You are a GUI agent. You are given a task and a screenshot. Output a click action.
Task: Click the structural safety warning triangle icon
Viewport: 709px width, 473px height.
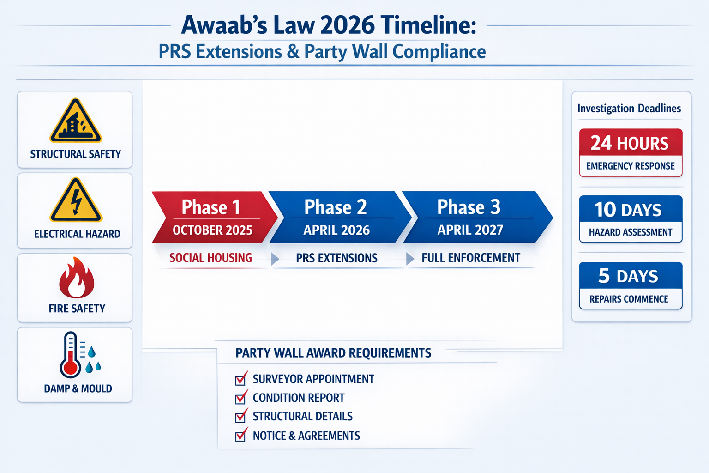[x=76, y=121]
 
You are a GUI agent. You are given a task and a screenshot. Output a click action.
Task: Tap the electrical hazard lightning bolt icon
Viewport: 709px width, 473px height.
[x=76, y=201]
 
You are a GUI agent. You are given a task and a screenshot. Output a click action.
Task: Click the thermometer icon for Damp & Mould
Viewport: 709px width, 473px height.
[x=70, y=355]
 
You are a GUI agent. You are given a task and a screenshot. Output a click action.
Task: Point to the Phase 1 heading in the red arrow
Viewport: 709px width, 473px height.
[x=210, y=207]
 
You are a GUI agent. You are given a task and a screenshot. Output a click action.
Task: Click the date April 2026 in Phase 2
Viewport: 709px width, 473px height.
[x=336, y=230]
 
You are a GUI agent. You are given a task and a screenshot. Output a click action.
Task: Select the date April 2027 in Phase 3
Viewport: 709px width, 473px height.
[x=470, y=230]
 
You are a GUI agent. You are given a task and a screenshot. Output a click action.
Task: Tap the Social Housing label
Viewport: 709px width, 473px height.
[x=210, y=258]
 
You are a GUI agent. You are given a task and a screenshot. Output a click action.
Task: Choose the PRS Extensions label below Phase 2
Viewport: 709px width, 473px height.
[x=336, y=258]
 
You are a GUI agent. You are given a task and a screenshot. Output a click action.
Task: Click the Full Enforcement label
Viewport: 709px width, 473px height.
[x=470, y=258]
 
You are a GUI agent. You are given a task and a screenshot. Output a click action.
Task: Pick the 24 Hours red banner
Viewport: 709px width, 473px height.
[x=630, y=143]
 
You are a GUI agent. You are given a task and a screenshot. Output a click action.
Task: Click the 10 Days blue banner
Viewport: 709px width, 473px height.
[x=630, y=210]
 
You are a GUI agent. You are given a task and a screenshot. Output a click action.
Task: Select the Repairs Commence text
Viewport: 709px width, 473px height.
[x=629, y=299]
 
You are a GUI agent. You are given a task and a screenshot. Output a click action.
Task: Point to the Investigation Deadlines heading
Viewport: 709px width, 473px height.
[x=629, y=109]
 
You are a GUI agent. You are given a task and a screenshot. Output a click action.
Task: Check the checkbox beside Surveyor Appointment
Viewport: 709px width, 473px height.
[x=240, y=380]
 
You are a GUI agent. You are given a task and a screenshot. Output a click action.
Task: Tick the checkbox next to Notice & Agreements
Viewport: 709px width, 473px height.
[x=240, y=436]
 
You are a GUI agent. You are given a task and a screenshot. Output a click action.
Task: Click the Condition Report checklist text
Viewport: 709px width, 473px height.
[x=298, y=398]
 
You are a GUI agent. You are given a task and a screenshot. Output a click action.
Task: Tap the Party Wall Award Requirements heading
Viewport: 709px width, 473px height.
[x=333, y=353]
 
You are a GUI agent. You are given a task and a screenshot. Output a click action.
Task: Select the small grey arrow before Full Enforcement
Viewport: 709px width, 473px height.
[x=409, y=259]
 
